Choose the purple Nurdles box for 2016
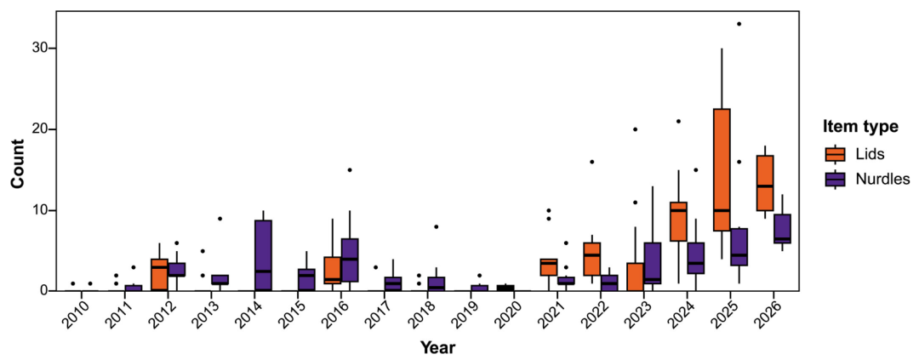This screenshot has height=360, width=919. (350, 260)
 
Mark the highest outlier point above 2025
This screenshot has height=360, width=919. (739, 24)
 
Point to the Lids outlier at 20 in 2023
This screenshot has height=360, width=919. (635, 129)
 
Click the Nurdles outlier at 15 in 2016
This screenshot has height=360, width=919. (350, 170)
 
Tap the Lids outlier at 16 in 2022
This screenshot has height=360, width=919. (592, 162)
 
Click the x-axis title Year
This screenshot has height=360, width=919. (438, 347)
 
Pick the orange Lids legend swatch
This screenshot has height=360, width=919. (836, 154)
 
